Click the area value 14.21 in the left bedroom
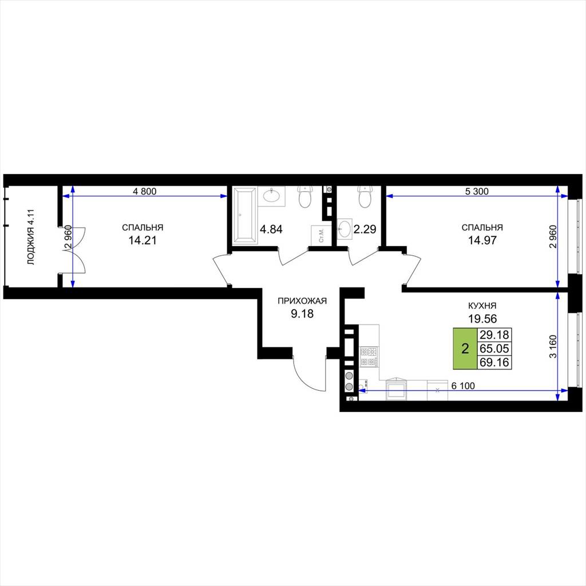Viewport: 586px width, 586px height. click(x=142, y=240)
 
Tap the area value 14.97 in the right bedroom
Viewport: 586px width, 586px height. click(x=482, y=240)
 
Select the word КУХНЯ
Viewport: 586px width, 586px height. click(x=482, y=306)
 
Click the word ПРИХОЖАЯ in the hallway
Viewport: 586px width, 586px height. click(x=302, y=301)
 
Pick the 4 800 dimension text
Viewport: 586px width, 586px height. click(x=145, y=191)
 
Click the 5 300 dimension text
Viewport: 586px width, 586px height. click(x=477, y=191)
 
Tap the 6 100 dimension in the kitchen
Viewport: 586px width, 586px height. click(x=463, y=386)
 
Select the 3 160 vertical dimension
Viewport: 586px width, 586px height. click(x=553, y=346)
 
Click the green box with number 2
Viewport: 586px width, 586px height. click(x=465, y=349)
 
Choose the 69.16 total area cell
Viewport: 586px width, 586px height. click(x=494, y=362)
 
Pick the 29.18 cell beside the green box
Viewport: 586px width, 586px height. click(x=494, y=334)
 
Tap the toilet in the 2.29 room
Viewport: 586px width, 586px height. click(x=365, y=196)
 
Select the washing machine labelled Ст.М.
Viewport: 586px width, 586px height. click(x=321, y=235)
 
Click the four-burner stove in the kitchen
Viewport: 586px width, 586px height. click(x=369, y=357)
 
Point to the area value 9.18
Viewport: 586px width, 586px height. click(x=302, y=314)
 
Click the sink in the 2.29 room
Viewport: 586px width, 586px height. click(x=345, y=228)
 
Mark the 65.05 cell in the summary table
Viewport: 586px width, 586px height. click(x=494, y=349)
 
